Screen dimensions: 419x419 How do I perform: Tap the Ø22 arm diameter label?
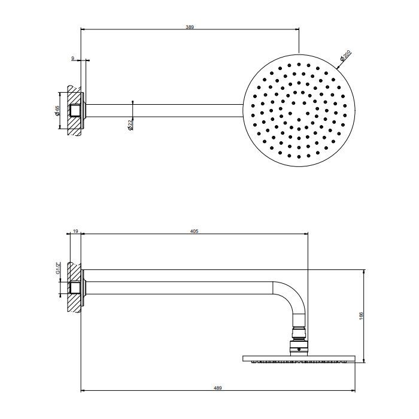pyautogui.click(x=130, y=125)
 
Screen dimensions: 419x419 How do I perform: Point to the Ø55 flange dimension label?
pyautogui.click(x=58, y=111)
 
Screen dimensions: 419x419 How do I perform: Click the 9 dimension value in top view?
pyautogui.click(x=72, y=58)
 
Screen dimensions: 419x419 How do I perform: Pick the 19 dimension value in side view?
pyautogui.click(x=75, y=230)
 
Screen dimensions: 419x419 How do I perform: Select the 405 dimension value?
pyautogui.click(x=194, y=230)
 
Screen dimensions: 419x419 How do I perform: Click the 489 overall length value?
pyautogui.click(x=218, y=388)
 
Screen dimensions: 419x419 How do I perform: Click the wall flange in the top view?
pyautogui.click(x=85, y=110)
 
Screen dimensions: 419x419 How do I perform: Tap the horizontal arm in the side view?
pyautogui.click(x=180, y=286)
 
